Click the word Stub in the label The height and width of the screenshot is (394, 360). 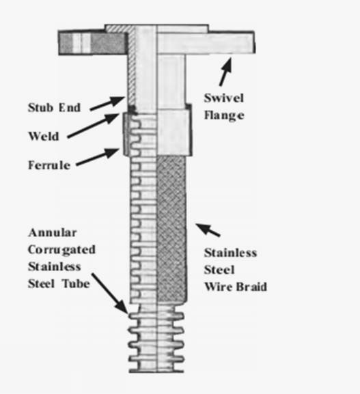(x=40, y=107)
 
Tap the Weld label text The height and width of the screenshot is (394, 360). (x=44, y=136)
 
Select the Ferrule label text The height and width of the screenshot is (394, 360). (x=49, y=165)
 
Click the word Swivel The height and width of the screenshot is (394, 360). (x=224, y=98)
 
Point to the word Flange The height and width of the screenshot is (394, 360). (x=224, y=115)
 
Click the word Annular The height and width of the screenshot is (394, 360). (x=53, y=233)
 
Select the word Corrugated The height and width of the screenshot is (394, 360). (x=62, y=250)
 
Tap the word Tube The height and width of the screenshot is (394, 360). (x=77, y=283)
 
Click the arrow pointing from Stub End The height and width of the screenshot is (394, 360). (x=108, y=103)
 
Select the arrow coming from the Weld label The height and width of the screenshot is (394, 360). (x=94, y=126)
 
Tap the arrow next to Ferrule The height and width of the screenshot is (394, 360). (x=98, y=157)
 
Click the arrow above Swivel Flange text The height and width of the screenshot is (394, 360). (x=225, y=72)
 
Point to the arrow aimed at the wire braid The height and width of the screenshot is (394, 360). (x=208, y=230)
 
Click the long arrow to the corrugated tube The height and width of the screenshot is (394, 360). (x=110, y=294)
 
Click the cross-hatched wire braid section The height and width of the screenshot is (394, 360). (x=171, y=229)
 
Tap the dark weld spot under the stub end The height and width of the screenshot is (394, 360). (x=132, y=109)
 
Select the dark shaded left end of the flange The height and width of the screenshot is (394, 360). (x=92, y=43)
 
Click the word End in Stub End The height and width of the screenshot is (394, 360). (x=70, y=107)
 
